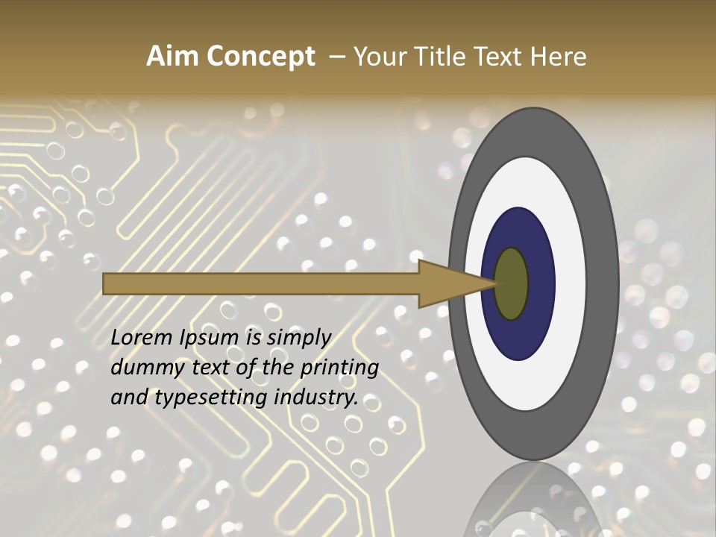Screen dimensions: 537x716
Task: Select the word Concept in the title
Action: point(260,57)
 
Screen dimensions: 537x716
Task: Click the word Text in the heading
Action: point(499,57)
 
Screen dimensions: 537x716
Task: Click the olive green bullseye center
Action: point(512,284)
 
